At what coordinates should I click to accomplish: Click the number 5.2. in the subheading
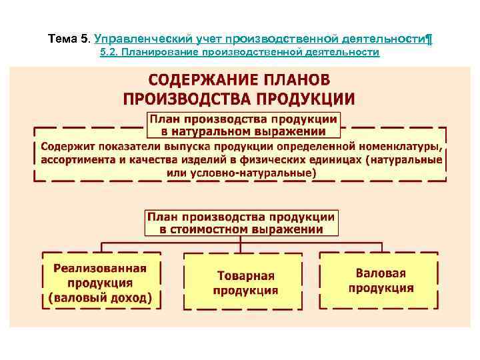point(109,52)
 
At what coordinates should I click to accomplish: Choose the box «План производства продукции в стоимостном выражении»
point(241,223)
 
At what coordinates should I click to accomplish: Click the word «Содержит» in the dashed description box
point(66,147)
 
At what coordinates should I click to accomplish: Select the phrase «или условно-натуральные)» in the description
point(241,173)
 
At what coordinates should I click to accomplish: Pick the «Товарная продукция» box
point(245,282)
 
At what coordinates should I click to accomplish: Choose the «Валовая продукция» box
point(381,281)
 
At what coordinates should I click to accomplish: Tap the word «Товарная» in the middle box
point(245,275)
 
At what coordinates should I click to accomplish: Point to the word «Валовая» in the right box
point(381,273)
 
